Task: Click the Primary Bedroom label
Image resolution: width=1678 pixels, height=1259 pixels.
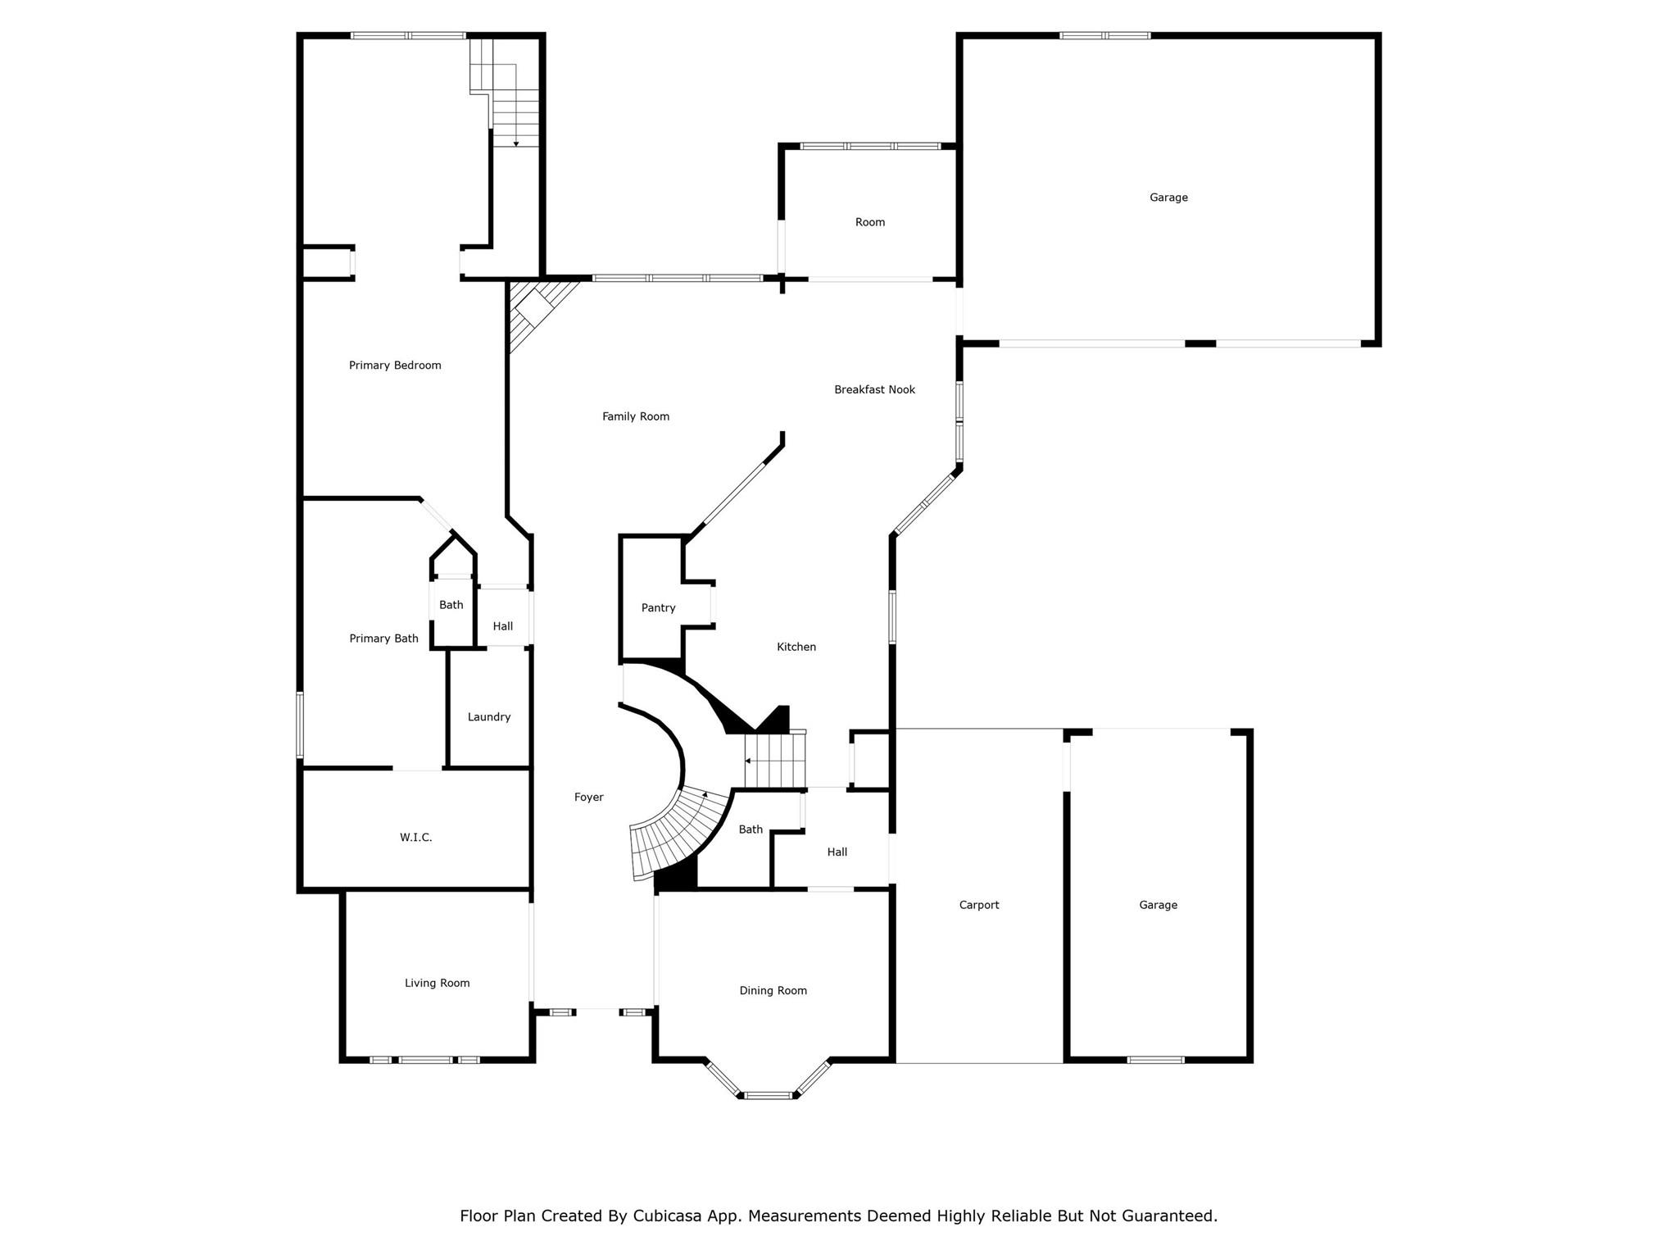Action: (395, 366)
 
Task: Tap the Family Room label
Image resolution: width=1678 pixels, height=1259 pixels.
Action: (636, 416)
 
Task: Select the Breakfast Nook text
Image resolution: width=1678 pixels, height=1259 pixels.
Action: (874, 389)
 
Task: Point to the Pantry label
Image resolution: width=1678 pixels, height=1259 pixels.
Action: (659, 608)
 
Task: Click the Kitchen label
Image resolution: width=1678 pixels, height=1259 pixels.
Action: (796, 647)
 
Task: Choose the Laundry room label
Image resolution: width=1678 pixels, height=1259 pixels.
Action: (489, 717)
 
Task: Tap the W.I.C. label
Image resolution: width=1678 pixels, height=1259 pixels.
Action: (416, 837)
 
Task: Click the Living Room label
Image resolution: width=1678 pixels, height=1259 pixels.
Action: (438, 983)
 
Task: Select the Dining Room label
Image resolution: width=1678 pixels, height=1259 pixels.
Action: (773, 990)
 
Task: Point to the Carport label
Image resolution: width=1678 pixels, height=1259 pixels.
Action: (979, 905)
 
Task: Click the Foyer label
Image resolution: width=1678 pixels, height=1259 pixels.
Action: (589, 797)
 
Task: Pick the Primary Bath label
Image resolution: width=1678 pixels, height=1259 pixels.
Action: (384, 639)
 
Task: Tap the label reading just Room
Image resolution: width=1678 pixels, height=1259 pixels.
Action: (870, 222)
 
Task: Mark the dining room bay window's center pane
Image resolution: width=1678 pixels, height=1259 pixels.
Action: (769, 1095)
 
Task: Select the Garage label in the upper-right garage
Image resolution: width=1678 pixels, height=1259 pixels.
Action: (1168, 198)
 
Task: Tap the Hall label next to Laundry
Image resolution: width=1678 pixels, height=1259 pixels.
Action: (503, 626)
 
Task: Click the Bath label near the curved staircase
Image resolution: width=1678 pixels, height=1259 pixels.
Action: (751, 829)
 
